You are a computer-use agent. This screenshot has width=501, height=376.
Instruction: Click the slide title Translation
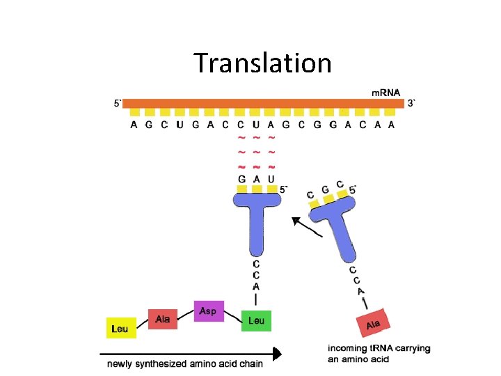[263, 63]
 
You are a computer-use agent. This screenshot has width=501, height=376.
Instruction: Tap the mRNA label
[385, 93]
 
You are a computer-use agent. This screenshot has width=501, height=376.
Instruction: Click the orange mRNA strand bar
[264, 103]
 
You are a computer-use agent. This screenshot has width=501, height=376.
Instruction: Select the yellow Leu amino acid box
[120, 329]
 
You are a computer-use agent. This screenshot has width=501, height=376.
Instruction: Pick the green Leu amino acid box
[255, 320]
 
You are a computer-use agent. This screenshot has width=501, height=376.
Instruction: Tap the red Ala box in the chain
[163, 320]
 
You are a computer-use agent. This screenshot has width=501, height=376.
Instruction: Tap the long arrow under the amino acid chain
[195, 354]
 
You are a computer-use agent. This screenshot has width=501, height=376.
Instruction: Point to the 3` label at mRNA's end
[413, 103]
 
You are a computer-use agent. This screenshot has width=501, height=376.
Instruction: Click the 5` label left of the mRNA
[118, 103]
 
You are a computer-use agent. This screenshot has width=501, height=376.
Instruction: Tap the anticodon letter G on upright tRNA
[241, 179]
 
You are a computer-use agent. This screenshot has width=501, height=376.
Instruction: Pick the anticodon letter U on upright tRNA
[271, 179]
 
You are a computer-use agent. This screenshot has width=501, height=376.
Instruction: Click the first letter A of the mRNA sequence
[134, 125]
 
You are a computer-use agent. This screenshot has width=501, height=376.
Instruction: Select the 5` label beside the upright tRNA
[283, 188]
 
